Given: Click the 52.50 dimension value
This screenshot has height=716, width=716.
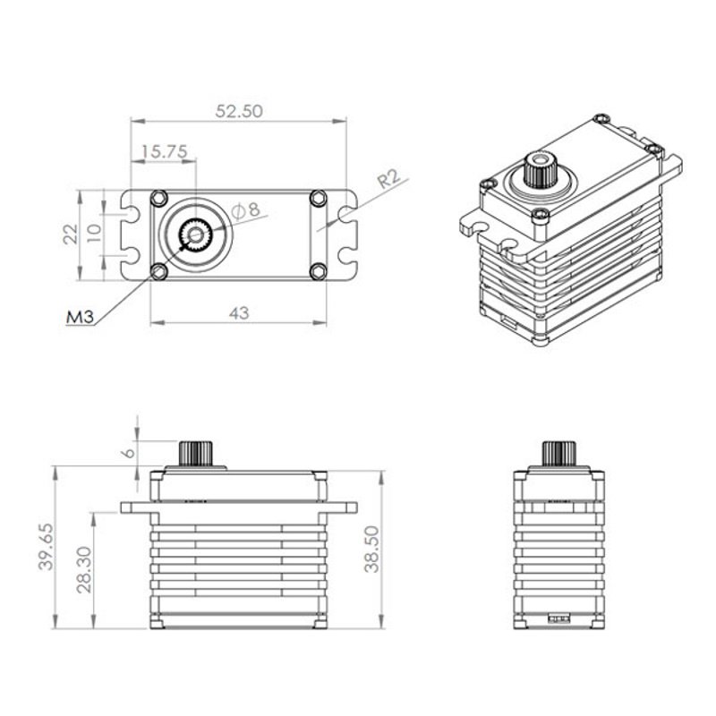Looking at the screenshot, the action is point(239,111).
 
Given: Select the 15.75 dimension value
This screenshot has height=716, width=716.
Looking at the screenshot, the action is point(165,151).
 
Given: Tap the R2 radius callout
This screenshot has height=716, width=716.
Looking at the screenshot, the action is point(389,178).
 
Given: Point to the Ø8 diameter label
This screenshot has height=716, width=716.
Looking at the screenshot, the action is point(245,210).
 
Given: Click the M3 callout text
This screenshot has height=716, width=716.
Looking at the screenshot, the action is point(80,317).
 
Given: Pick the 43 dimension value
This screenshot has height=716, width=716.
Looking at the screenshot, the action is point(239,313).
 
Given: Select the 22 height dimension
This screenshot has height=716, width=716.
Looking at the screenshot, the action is point(71,234).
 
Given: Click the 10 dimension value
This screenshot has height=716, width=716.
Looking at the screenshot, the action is point(94,234).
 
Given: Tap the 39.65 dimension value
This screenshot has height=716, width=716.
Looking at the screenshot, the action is point(47,546).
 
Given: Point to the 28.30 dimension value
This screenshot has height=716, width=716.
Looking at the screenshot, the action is point(84,569).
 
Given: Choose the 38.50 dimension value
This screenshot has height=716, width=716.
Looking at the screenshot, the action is point(372,550).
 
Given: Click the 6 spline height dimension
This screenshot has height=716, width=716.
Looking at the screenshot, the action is point(129,453).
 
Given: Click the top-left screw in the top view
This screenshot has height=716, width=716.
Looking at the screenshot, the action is point(159,198).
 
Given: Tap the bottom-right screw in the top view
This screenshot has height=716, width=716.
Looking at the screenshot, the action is point(319,272).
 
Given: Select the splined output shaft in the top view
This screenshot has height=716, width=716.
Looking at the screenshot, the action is point(196,235).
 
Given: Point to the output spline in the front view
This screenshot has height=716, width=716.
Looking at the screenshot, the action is point(196,454).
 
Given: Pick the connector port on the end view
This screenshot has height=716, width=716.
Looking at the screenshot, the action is point(558,618).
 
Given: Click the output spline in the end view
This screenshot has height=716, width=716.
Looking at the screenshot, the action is point(558,454).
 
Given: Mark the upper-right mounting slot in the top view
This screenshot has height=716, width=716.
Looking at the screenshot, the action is point(348,214).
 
